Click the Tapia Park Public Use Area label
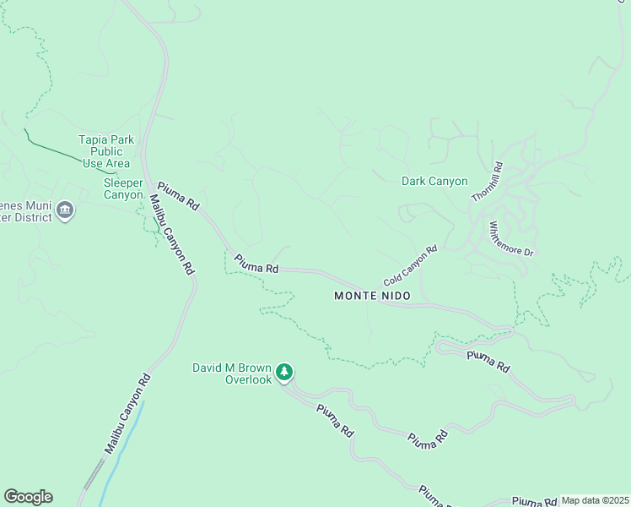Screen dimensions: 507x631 tap(105, 151)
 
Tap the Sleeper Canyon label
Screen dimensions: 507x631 tap(123, 188)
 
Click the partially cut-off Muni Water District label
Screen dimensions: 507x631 tap(27, 210)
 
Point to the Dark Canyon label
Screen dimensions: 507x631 tap(434, 181)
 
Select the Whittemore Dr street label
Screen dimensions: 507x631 tap(511, 239)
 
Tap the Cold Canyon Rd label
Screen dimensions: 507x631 tap(410, 264)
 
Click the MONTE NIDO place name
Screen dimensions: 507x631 tap(372, 296)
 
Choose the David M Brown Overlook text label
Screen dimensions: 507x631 tap(232, 373)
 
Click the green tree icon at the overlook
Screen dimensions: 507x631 tap(284, 372)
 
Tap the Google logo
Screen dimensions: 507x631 tap(28, 497)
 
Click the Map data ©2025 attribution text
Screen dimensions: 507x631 tap(595, 500)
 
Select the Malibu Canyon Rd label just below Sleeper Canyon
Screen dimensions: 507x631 tap(171, 234)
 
